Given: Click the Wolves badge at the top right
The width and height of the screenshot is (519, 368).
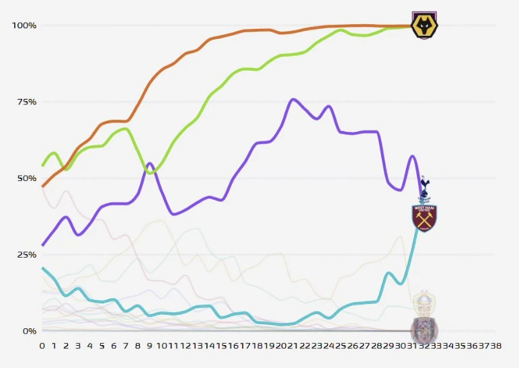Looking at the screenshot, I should (424, 26).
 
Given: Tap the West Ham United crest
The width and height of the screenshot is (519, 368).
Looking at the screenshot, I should (424, 219).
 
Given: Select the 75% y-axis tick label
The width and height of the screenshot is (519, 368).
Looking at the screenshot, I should (26, 102).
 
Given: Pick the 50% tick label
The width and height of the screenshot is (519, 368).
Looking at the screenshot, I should (26, 178).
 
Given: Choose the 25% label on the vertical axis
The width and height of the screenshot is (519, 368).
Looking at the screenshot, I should (26, 254).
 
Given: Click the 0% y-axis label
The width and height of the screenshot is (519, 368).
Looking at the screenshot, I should (29, 331).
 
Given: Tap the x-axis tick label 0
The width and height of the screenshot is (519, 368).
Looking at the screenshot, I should (42, 345).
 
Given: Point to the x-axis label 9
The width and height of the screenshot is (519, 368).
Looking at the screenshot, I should (149, 345).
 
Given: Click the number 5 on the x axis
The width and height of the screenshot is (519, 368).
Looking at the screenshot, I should (102, 345).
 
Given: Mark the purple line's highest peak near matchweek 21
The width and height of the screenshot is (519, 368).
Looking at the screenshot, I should (292, 99).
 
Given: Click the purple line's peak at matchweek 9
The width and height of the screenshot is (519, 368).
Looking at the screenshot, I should (149, 163).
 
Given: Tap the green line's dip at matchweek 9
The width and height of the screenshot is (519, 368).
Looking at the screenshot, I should (151, 174).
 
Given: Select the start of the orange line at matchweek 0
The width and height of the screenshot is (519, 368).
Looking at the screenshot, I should (42, 186).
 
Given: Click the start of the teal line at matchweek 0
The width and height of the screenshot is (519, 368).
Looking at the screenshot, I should (42, 268).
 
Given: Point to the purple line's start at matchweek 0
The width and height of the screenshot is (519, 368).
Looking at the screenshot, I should (42, 246).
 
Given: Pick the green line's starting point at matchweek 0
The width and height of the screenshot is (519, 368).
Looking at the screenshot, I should (42, 165).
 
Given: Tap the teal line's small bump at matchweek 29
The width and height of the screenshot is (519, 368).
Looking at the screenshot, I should (389, 272).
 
